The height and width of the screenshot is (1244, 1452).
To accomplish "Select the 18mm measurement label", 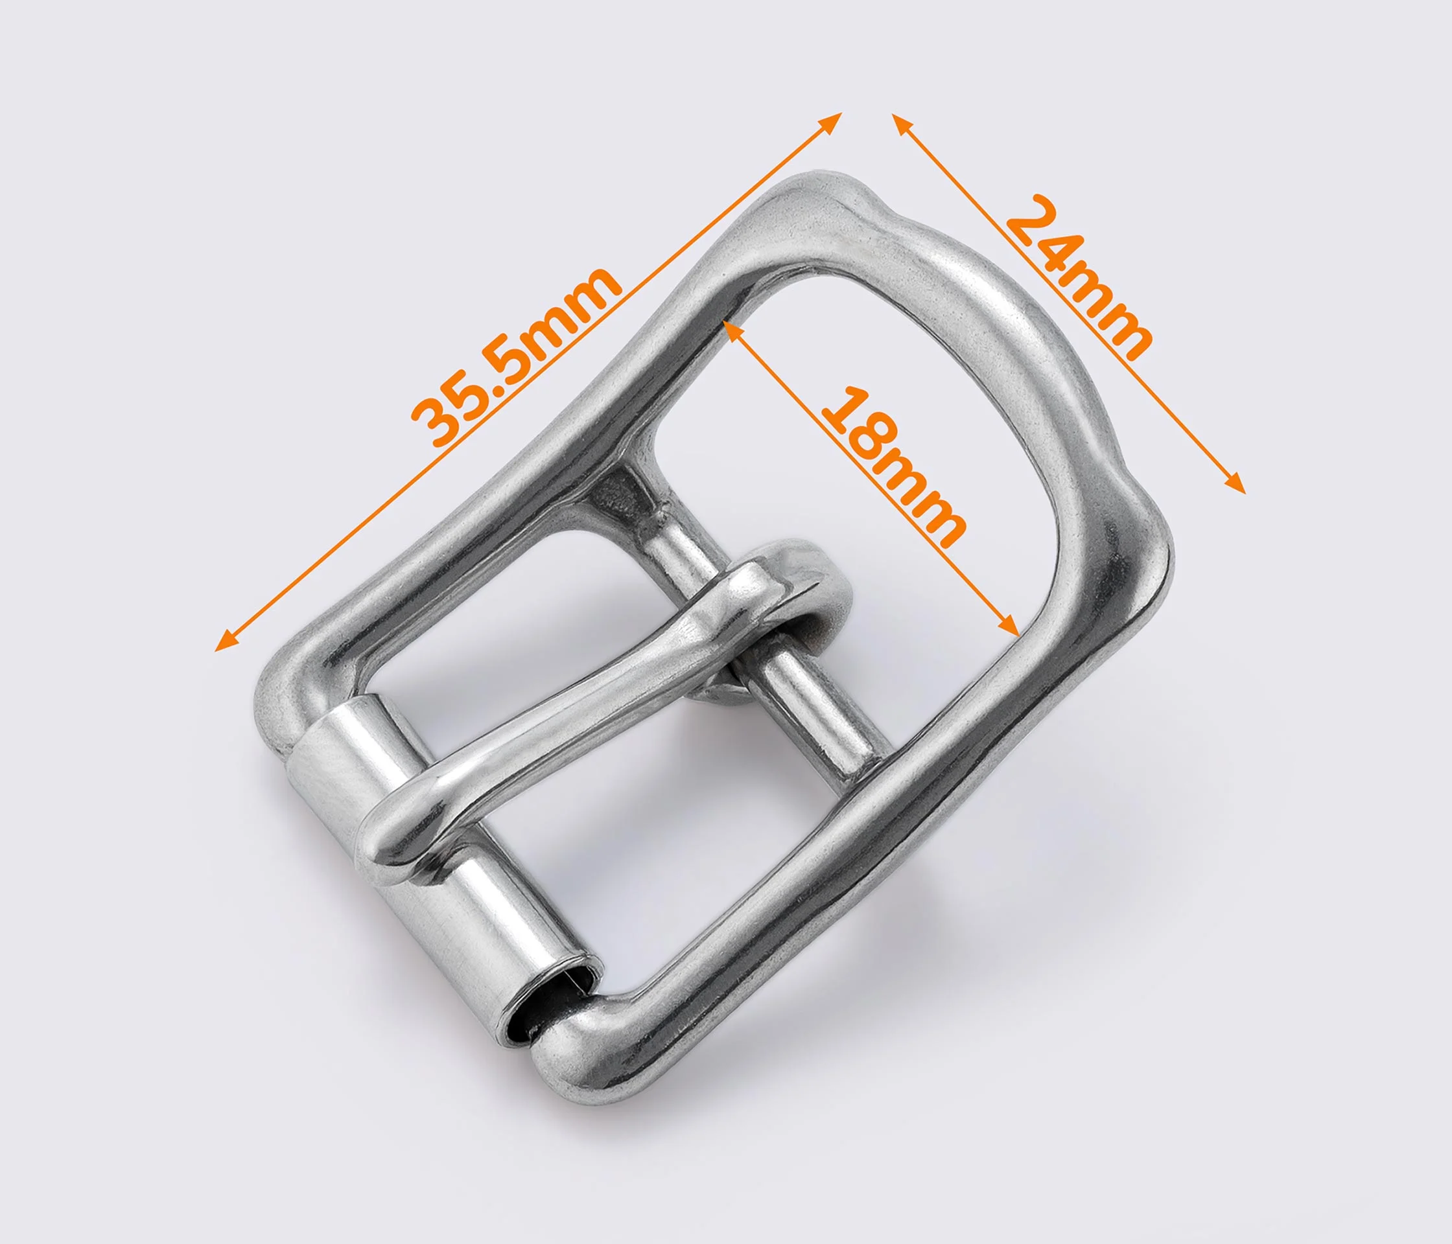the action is coord(891,466).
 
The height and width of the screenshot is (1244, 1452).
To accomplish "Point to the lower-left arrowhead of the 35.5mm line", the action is coord(227,640).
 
